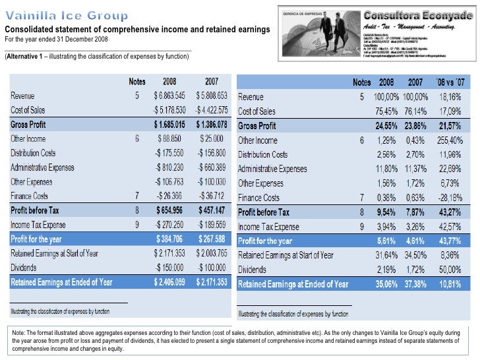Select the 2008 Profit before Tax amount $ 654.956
click(x=173, y=210)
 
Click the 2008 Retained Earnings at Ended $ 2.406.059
click(x=171, y=282)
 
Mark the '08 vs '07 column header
click(x=450, y=83)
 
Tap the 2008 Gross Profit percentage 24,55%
click(x=390, y=126)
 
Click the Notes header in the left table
click(x=136, y=82)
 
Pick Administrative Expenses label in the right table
click(x=272, y=169)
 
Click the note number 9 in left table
click(x=137, y=224)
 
